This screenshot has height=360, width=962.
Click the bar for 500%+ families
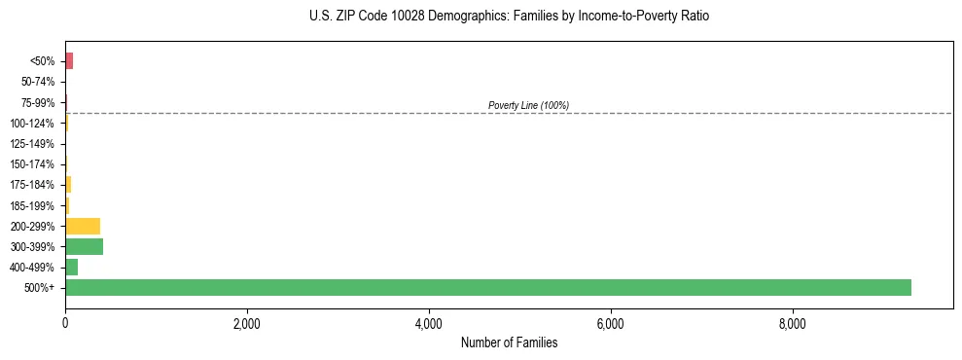tap(486, 287)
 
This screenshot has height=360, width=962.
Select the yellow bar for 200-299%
tap(83, 226)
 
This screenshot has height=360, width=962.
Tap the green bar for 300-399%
tap(84, 246)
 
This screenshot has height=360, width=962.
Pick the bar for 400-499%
tap(71, 267)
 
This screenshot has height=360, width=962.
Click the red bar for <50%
tap(69, 61)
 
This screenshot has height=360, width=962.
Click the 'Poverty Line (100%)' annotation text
tap(528, 105)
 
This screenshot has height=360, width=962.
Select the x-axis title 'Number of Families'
tap(509, 342)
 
